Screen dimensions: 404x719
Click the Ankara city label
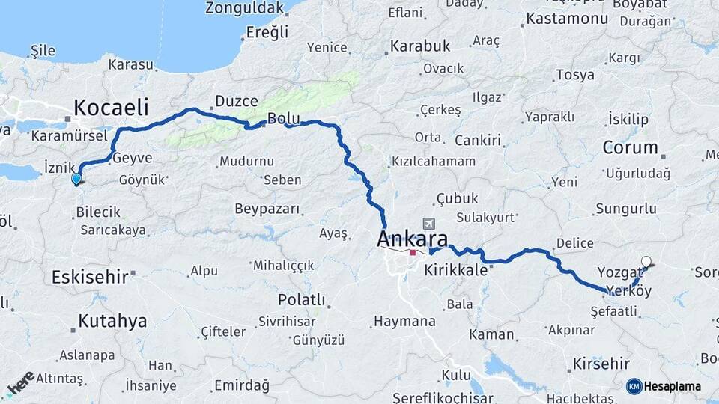coord(413,240)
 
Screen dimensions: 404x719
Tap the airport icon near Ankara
coord(428,224)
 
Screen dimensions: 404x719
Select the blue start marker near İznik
coord(76,179)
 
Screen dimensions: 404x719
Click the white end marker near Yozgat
coord(646,262)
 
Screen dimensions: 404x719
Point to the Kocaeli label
coord(111,105)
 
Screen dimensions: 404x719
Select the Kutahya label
coord(112,321)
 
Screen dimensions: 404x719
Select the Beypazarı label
coord(267,209)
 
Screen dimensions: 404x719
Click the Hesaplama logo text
coord(673,386)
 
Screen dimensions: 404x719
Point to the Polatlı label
coord(301,300)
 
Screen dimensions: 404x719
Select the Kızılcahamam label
coord(433,162)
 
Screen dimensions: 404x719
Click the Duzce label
coord(236,101)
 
